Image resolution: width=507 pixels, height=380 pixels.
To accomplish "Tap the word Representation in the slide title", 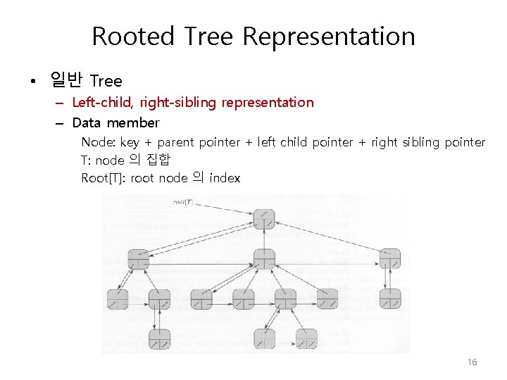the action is point(329,36).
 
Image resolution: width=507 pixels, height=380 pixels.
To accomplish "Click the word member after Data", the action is point(133,122).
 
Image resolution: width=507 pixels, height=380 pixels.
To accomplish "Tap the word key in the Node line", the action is point(130,142).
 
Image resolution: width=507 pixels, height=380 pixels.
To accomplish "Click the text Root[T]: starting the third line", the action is point(104,178).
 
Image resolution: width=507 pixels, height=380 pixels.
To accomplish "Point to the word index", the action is point(225,178).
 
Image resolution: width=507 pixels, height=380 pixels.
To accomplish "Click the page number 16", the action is point(472,362).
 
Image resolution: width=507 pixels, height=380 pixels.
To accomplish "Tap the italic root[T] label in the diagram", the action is point(184,203).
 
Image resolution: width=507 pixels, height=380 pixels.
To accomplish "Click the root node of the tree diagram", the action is point(263,220).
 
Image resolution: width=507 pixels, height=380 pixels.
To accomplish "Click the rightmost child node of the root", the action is point(389,258).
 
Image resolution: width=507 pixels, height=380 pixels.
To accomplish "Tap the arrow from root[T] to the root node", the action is point(225,208).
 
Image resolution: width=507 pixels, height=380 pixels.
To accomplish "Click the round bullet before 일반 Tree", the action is point(32,82).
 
